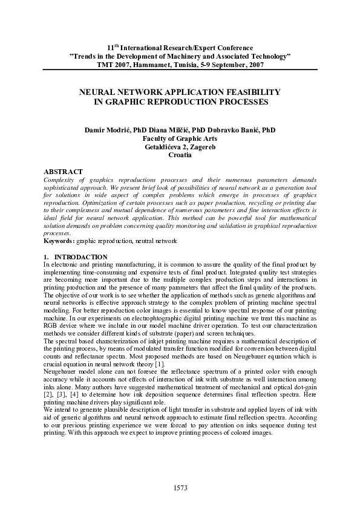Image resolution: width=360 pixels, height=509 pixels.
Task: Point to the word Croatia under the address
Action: click(180, 155)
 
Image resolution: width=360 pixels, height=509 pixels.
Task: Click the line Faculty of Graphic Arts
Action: click(180, 138)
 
